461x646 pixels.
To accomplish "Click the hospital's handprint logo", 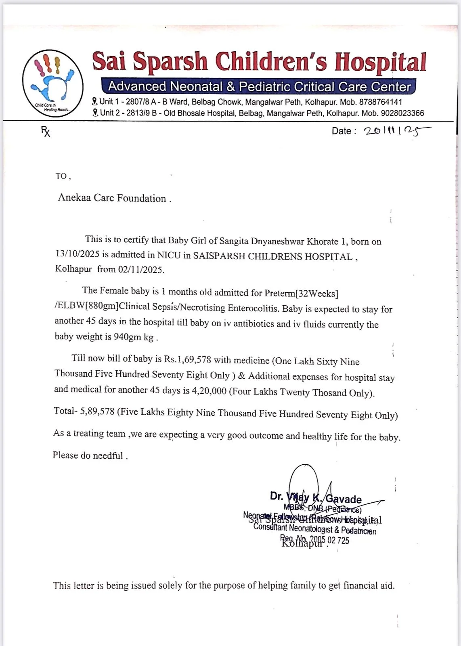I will [x=53, y=83].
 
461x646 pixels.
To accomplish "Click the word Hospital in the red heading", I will [x=380, y=62].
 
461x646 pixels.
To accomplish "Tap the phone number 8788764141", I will [x=381, y=102].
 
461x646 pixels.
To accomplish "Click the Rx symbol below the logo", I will [x=46, y=131].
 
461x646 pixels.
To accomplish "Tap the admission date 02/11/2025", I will [x=141, y=269].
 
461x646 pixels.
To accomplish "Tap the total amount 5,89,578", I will [x=97, y=411].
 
